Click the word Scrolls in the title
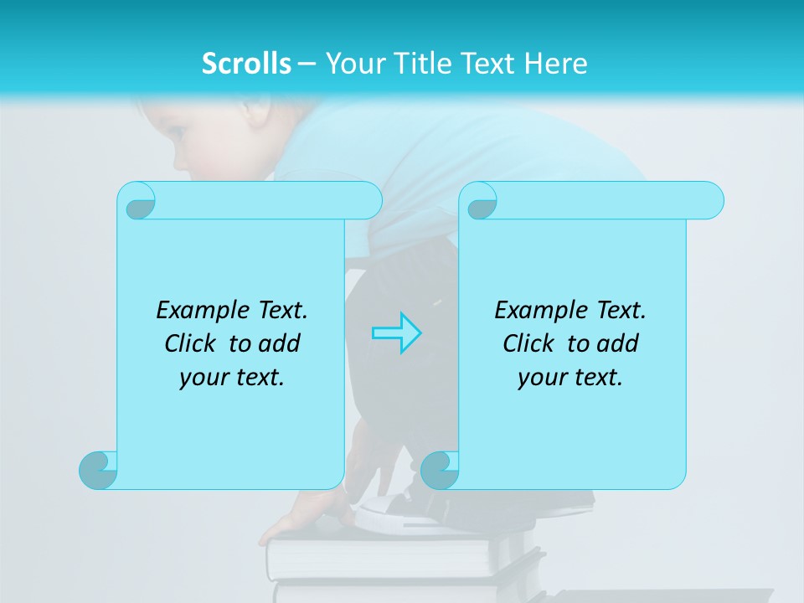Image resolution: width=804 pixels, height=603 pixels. tap(246, 64)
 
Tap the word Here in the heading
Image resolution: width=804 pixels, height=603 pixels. tap(555, 64)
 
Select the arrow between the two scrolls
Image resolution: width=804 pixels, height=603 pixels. tap(396, 333)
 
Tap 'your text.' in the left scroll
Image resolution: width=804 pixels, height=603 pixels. tap(232, 378)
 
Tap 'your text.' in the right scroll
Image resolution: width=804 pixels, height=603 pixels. tap(570, 378)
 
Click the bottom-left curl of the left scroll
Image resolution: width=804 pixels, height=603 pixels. tap(98, 470)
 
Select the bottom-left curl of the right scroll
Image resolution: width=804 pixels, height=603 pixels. tap(439, 470)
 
